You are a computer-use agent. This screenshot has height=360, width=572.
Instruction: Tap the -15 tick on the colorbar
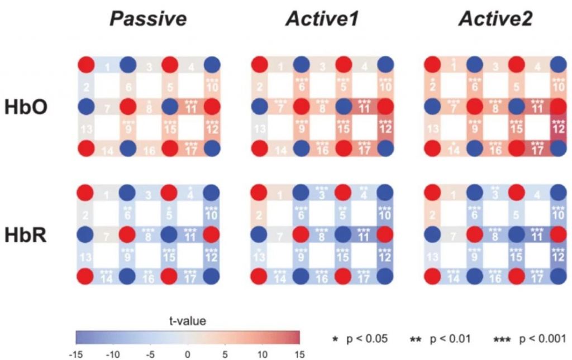pyautogui.click(x=77, y=353)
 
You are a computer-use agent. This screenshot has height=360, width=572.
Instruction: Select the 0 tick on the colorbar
pyautogui.click(x=188, y=353)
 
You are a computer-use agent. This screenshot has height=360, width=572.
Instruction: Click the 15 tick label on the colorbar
pyautogui.click(x=299, y=353)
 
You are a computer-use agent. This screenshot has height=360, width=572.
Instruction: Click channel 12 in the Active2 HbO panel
pyautogui.click(x=557, y=129)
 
